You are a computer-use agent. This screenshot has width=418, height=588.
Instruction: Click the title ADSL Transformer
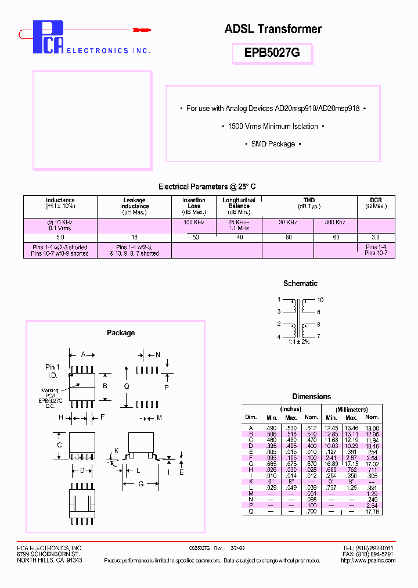click(x=273, y=28)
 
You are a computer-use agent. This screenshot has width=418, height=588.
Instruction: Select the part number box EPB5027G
click(x=272, y=53)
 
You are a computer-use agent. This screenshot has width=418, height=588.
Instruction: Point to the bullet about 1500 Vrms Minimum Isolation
click(x=273, y=126)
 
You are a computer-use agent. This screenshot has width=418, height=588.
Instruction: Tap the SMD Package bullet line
click(x=273, y=144)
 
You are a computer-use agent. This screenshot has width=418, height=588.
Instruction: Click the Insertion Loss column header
click(x=194, y=203)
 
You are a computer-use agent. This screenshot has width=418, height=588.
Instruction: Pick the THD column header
click(x=309, y=200)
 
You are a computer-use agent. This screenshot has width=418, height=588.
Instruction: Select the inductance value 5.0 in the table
click(x=60, y=238)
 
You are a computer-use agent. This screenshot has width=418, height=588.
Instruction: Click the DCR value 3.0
click(x=376, y=238)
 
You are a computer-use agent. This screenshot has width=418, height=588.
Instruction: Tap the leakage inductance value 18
click(x=134, y=238)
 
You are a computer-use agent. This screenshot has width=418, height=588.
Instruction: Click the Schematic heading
click(x=300, y=284)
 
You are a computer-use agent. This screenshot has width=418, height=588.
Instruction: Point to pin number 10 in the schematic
click(x=320, y=300)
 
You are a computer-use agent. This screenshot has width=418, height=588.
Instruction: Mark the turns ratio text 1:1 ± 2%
click(x=299, y=342)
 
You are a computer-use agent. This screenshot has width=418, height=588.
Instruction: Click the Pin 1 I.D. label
click(x=52, y=371)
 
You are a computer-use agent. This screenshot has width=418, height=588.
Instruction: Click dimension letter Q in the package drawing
click(x=127, y=386)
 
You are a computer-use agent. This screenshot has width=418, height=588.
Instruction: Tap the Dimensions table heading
click(x=311, y=397)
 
